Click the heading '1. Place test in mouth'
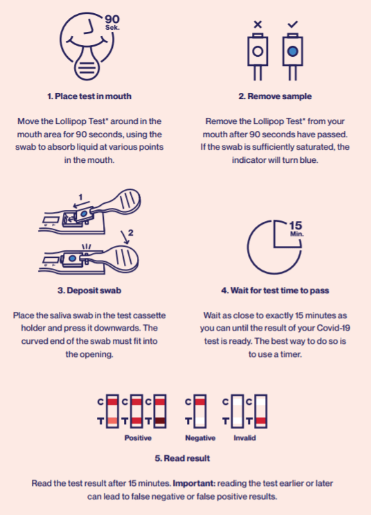[x=89, y=96]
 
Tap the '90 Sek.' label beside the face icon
[x=113, y=22]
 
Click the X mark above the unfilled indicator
[x=257, y=24]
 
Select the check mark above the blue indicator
[x=292, y=24]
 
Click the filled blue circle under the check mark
[x=293, y=51]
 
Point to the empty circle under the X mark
[x=257, y=51]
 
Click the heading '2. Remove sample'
[x=275, y=96]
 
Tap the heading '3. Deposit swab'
[x=89, y=290]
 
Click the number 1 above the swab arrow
[x=81, y=198]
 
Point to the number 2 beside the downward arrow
[x=131, y=233]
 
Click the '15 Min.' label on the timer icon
[x=296, y=229]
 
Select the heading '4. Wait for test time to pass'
[x=275, y=290]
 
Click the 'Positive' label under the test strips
[x=138, y=438]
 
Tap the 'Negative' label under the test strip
[x=200, y=438]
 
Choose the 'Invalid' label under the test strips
[x=244, y=438]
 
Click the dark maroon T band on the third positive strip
[x=160, y=421]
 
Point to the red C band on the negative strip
[x=200, y=401]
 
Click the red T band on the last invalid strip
[x=261, y=421]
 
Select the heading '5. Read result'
[x=182, y=458]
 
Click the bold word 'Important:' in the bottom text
[x=194, y=484]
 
